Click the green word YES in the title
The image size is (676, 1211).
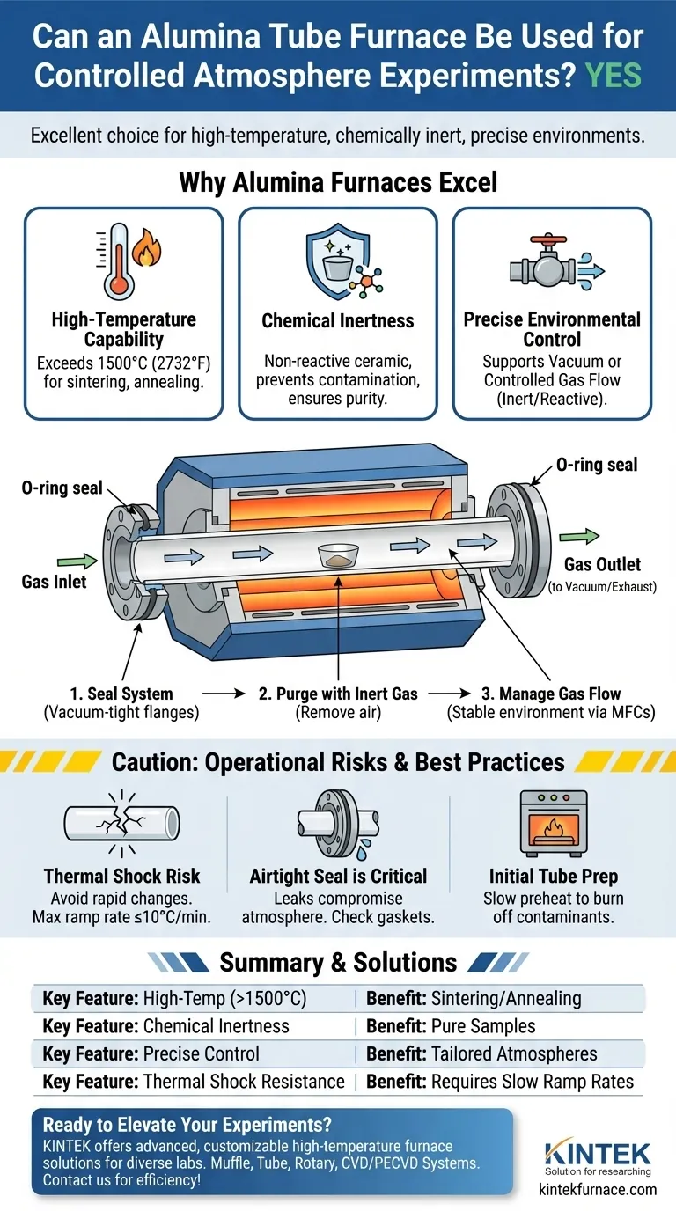[614, 75]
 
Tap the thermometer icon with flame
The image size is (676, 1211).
[129, 261]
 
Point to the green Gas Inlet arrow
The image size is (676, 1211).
[77, 561]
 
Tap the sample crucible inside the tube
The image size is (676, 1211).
[339, 555]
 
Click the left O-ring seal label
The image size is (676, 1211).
[62, 488]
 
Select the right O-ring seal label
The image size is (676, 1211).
[597, 465]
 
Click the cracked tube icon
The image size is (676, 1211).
[121, 823]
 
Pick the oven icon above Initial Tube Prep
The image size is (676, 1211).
[554, 823]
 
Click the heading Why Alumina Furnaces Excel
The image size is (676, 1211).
[338, 182]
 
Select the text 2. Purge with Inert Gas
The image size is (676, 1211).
[338, 694]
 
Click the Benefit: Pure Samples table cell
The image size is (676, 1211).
[451, 1026]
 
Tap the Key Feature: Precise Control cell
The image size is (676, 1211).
[151, 1053]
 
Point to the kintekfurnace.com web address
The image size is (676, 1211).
[598, 1190]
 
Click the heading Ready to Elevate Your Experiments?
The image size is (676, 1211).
[187, 1125]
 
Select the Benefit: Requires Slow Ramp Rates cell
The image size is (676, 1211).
[500, 1082]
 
